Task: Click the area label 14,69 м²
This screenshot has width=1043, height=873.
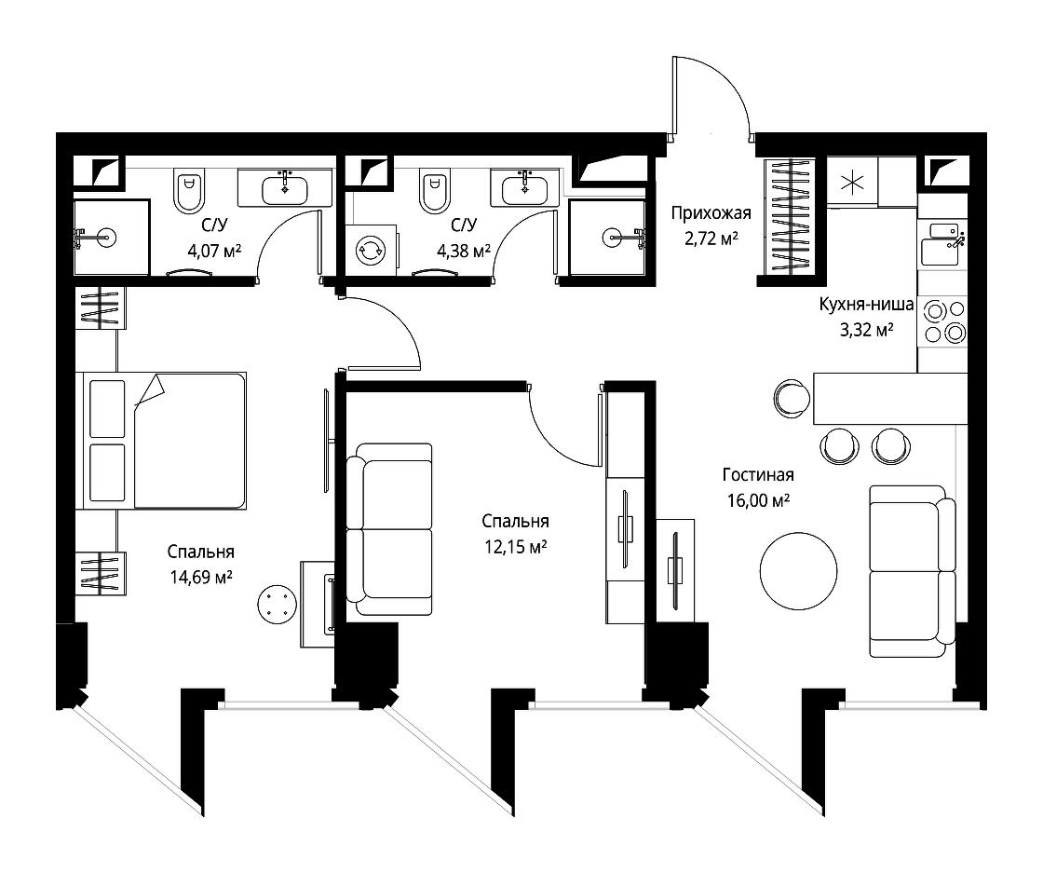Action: (201, 577)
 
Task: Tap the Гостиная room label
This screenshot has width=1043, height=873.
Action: (758, 474)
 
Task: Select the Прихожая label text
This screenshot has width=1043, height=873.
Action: (711, 213)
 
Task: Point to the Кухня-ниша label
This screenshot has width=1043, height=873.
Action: (866, 305)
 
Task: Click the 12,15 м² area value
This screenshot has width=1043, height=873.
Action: (516, 547)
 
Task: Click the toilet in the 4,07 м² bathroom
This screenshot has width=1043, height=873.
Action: (189, 190)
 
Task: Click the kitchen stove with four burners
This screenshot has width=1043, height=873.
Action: (942, 321)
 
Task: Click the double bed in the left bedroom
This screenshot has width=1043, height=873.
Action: (161, 441)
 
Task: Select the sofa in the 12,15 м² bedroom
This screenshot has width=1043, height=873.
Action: (390, 529)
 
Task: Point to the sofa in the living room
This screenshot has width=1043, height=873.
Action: (913, 571)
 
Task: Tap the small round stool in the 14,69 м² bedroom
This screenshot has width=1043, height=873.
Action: (277, 604)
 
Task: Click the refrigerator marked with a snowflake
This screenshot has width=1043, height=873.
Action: (852, 182)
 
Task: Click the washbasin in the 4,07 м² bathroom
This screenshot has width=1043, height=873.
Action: (285, 187)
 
